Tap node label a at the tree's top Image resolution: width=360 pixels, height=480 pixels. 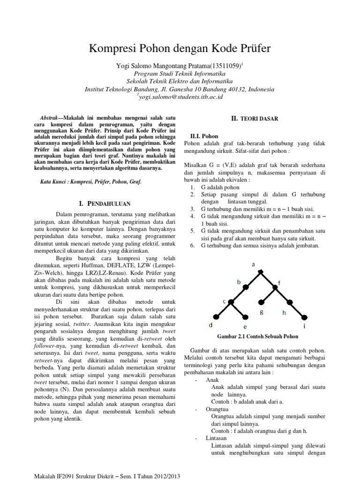coord(254,264)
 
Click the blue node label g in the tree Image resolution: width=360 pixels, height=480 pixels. coord(262,311)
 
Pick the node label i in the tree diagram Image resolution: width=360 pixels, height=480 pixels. coord(305,325)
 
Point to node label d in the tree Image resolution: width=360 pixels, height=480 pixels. coord(210,324)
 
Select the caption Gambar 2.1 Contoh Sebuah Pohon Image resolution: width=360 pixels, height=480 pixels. coord(257,337)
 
